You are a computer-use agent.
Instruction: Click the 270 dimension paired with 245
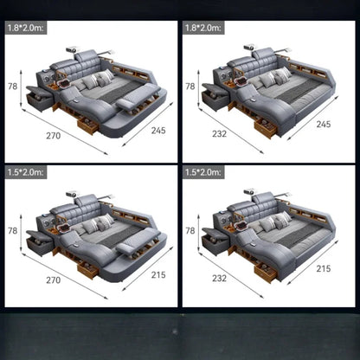click(x=54, y=136)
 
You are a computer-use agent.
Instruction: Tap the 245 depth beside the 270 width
click(x=158, y=131)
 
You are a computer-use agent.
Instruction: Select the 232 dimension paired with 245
click(x=219, y=133)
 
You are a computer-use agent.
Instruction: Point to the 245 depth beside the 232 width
click(x=324, y=124)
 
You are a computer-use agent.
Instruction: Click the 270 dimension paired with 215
click(x=54, y=280)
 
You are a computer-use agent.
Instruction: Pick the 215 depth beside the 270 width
click(x=158, y=274)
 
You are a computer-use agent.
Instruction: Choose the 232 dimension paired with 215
click(x=219, y=278)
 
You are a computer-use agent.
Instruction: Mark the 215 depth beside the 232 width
click(x=324, y=268)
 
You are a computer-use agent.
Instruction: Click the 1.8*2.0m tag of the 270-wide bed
click(x=25, y=28)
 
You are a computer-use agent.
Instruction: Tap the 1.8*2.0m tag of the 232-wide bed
click(x=203, y=28)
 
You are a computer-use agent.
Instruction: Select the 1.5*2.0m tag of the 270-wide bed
click(x=25, y=172)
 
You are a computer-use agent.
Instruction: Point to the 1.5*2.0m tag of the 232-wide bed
click(x=203, y=172)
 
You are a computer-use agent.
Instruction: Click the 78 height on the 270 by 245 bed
click(x=12, y=87)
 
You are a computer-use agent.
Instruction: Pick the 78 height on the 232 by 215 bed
click(x=190, y=230)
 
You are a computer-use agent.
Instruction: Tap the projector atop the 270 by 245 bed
click(x=72, y=49)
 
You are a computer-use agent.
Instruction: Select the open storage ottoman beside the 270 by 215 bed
click(x=40, y=242)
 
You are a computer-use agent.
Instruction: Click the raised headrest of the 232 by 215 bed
click(x=264, y=198)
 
